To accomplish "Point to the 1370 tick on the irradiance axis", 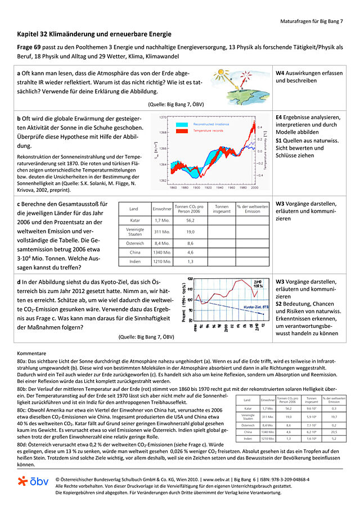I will [x=162, y=117].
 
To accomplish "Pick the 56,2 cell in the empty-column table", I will [x=190, y=220].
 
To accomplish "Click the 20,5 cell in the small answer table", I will [x=334, y=431].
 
